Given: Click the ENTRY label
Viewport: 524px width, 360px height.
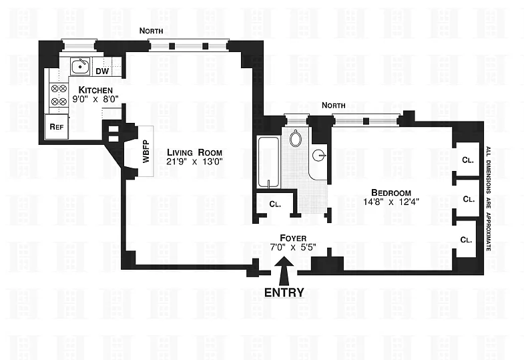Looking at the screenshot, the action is click(284, 292).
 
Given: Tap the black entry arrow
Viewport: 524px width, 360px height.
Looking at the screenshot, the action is click(283, 272).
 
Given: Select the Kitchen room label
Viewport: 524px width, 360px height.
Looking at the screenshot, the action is click(95, 90).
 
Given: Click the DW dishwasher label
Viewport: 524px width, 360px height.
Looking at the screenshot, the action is click(101, 71).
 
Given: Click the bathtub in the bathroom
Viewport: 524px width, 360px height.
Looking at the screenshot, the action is click(268, 163).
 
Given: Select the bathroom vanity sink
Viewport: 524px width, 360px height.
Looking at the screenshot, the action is click(320, 158).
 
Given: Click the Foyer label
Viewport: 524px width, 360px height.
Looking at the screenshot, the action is click(292, 237).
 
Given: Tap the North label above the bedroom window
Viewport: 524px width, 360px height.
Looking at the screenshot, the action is click(333, 106).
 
